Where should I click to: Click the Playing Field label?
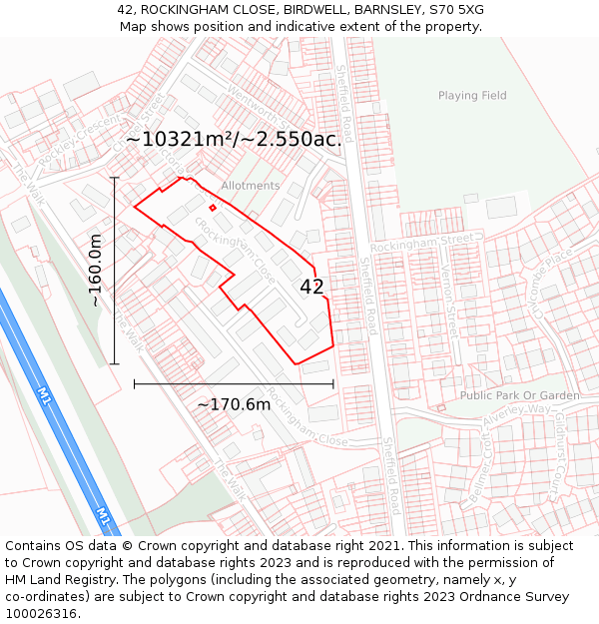472,96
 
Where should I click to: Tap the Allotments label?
251,186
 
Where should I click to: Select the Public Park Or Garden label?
519,395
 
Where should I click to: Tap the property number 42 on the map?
311,287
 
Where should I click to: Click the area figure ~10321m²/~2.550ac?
234,139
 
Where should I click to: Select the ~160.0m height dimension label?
96,270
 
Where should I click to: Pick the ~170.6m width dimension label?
234,404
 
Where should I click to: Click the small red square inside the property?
213,208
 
